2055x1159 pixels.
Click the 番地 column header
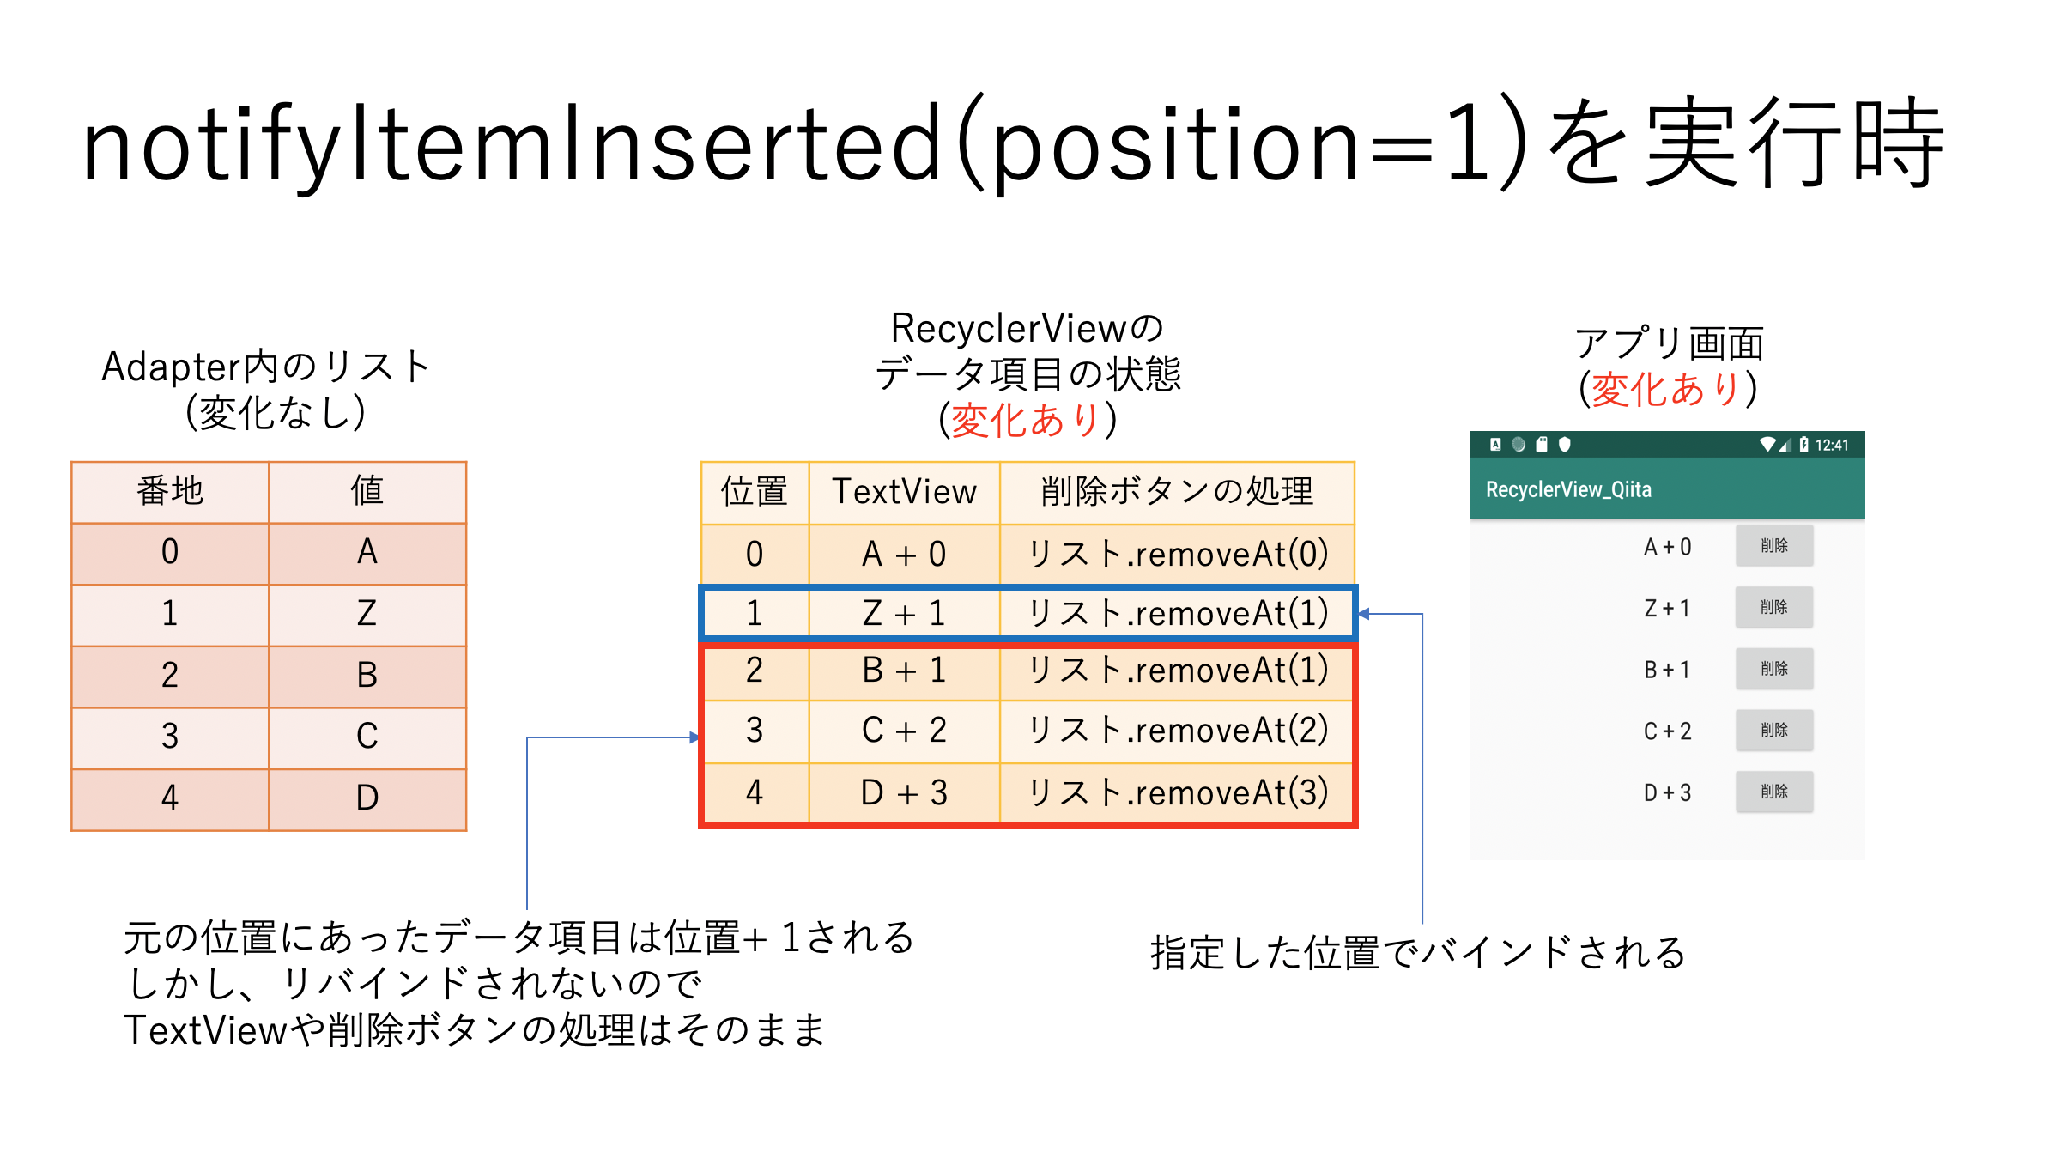click(170, 491)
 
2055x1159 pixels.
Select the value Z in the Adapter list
click(367, 614)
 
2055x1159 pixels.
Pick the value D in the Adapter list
click(367, 798)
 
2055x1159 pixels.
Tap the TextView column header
click(904, 492)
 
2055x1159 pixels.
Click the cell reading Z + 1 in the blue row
click(904, 614)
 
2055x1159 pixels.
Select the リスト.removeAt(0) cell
click(1178, 555)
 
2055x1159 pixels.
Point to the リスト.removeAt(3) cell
click(1178, 792)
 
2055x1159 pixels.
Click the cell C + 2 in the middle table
click(904, 731)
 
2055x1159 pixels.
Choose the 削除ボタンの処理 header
click(1177, 492)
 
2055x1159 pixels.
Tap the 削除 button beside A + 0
click(1773, 546)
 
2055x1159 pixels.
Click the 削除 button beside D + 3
click(1773, 792)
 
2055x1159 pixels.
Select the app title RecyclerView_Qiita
click(1568, 489)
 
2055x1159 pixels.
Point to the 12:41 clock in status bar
click(1831, 445)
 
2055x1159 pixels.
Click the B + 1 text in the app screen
click(1666, 670)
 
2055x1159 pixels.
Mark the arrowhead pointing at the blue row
click(1364, 614)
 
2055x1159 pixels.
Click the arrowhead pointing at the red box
click(694, 737)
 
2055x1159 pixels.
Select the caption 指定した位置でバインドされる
click(1418, 953)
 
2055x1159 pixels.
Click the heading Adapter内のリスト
click(266, 367)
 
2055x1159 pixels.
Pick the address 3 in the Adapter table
click(170, 737)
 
